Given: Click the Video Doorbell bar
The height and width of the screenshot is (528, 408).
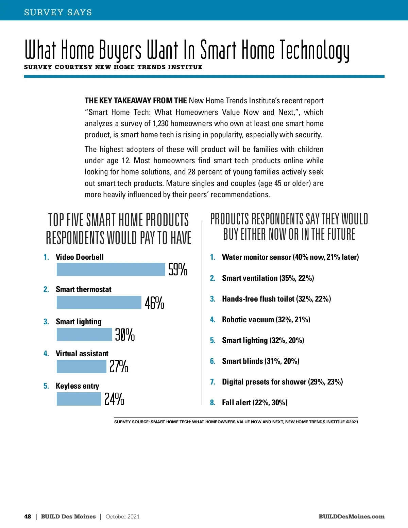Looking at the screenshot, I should pyautogui.click(x=111, y=270).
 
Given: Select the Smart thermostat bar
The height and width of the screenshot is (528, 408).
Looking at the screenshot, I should pyautogui.click(x=99, y=302).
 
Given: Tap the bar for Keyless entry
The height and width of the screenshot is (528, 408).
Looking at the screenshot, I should pyautogui.click(x=79, y=399).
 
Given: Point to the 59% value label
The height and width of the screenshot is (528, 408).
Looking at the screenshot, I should pyautogui.click(x=178, y=270).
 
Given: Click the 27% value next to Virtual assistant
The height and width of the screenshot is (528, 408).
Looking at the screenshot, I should pyautogui.click(x=119, y=367).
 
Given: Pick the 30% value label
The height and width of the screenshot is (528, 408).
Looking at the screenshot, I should pyautogui.click(x=125, y=335).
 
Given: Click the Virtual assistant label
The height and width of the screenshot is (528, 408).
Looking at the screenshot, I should pyautogui.click(x=82, y=354).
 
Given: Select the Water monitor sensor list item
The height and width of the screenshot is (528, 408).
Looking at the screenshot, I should pyautogui.click(x=290, y=257).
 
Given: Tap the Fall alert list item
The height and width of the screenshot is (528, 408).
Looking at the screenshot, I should pyautogui.click(x=255, y=403).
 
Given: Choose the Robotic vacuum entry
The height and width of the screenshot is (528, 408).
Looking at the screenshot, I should pyautogui.click(x=266, y=320).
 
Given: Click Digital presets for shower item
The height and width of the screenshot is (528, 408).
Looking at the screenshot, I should pyautogui.click(x=282, y=382).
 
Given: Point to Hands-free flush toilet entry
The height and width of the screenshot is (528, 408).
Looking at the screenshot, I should pyautogui.click(x=276, y=299).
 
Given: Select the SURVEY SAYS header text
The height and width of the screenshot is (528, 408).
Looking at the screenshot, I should pyautogui.click(x=58, y=13).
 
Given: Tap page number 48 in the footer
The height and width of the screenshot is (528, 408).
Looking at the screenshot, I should pyautogui.click(x=28, y=516).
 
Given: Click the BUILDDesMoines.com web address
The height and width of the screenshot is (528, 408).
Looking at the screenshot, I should pyautogui.click(x=352, y=516).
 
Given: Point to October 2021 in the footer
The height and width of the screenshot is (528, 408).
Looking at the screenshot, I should pyautogui.click(x=122, y=516).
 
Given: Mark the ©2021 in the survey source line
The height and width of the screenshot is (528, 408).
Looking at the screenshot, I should pyautogui.click(x=352, y=422).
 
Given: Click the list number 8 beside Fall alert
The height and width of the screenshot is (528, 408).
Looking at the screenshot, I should pyautogui.click(x=213, y=403).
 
